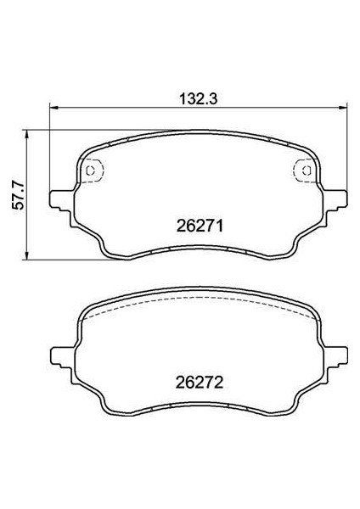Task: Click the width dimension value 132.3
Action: [x=198, y=98]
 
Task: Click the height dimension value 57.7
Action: [x=18, y=195]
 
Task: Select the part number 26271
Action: [x=200, y=226]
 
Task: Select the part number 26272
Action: [x=200, y=383]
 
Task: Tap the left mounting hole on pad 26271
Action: [x=91, y=171]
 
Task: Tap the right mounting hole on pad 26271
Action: [x=306, y=171]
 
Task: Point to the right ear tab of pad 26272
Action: [x=335, y=358]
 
